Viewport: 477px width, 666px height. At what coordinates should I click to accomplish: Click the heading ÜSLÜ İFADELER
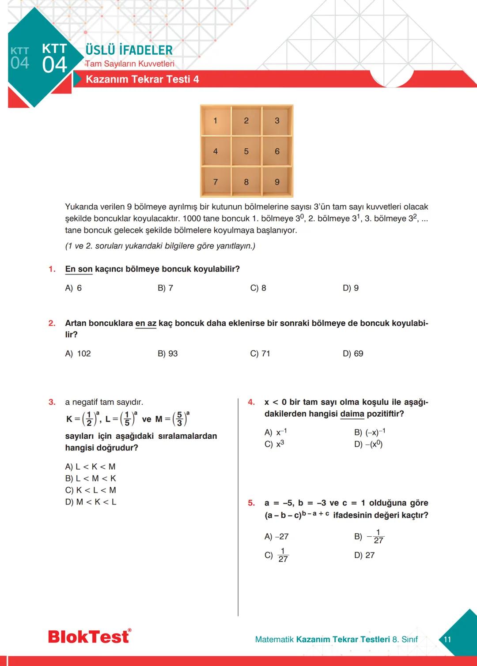point(129,50)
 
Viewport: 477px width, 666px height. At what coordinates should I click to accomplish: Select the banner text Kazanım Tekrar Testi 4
point(142,79)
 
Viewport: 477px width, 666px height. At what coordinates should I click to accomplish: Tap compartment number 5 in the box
point(246,151)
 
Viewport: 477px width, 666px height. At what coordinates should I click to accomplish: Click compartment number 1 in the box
point(216,120)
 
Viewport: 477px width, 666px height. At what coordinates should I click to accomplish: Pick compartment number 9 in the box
point(277,182)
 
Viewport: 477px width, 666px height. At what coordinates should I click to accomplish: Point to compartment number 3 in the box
point(277,120)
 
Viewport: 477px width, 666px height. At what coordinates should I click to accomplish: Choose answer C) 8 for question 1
point(258,288)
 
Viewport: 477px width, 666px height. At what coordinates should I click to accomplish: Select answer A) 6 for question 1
point(73,288)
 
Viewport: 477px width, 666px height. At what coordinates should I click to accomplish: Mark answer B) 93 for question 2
point(167,354)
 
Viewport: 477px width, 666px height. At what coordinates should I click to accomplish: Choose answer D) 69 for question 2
point(353,354)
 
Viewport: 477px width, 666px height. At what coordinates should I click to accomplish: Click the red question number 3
point(52,402)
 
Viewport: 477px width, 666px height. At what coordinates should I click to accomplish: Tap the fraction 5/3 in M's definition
point(179,419)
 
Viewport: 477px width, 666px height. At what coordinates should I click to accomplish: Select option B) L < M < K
point(91,478)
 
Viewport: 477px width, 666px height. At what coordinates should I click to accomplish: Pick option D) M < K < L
point(91,502)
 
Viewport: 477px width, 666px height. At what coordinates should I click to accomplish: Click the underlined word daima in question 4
point(352,414)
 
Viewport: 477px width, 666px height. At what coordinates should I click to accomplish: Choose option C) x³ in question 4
point(274,444)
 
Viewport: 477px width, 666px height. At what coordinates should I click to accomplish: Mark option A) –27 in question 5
point(276,537)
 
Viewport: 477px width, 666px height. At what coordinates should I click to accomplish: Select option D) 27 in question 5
point(364,555)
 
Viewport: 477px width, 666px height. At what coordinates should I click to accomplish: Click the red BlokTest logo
point(89,636)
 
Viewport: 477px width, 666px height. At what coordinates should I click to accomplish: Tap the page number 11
point(447,640)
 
